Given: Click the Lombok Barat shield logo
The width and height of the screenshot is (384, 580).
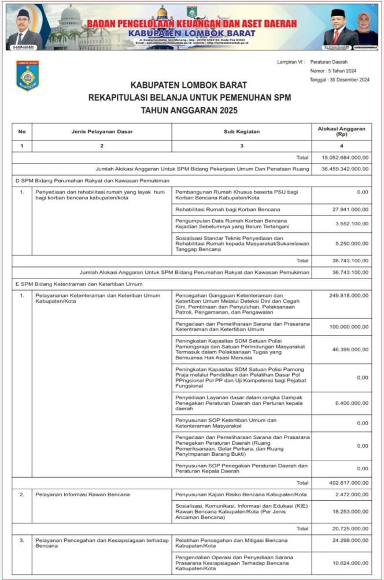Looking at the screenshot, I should pyautogui.click(x=27, y=76).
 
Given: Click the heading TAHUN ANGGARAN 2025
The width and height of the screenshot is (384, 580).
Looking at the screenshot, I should pyautogui.click(x=189, y=110).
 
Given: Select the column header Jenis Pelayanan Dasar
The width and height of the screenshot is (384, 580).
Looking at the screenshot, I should pyautogui.click(x=102, y=132).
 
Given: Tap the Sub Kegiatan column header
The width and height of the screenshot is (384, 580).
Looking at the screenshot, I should pyautogui.click(x=242, y=132).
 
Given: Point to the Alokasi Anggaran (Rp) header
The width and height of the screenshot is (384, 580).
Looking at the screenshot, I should pyautogui.click(x=341, y=132).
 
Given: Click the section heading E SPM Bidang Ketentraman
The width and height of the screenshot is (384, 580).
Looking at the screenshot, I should pyautogui.click(x=79, y=284).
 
